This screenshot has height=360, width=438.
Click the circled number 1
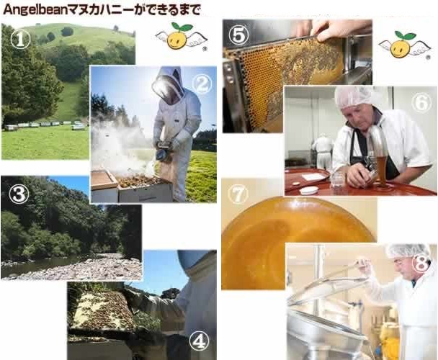pos(20,39)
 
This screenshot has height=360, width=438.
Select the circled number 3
pos(19,194)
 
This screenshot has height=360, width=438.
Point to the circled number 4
pos(200,341)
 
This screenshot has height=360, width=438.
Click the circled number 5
pos(238,35)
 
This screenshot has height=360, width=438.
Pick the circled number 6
pos(421,102)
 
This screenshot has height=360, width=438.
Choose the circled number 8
pos(423,263)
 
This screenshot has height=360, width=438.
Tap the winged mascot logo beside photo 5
pos(405,45)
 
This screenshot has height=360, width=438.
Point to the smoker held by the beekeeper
pos(162,152)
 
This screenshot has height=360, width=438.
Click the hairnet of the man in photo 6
pos(354,96)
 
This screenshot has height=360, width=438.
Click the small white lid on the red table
pos(308,190)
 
